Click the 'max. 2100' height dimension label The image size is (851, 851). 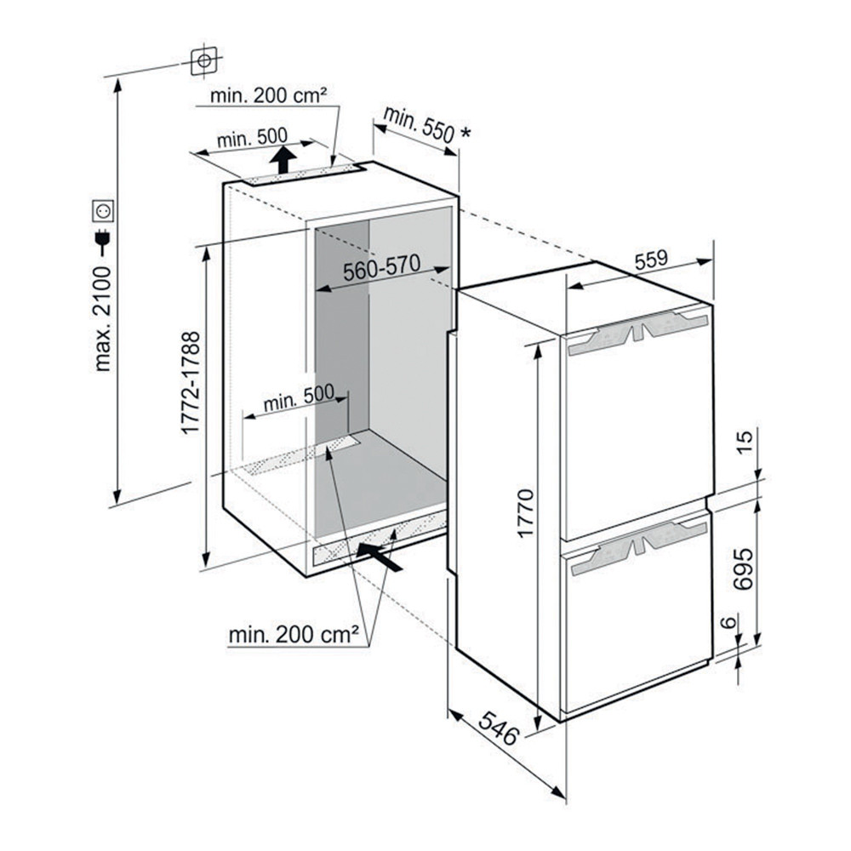coord(102,318)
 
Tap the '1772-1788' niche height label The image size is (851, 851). coord(191,383)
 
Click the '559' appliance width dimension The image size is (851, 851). coord(651,260)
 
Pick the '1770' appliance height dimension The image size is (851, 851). coord(525,513)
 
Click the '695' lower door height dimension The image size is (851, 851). coord(743,568)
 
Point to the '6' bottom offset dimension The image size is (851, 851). coord(730,621)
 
